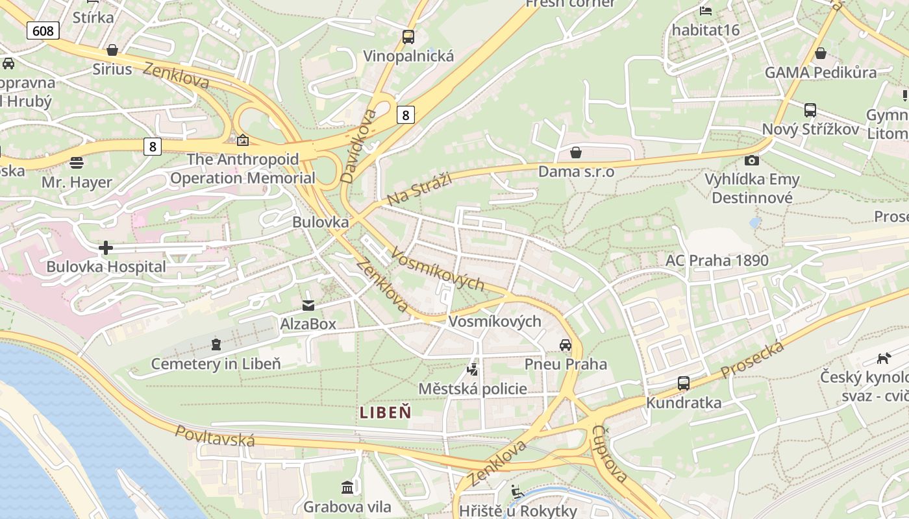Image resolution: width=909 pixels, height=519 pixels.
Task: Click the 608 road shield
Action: [44, 30]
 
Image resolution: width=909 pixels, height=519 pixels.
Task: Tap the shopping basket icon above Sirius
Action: [112, 50]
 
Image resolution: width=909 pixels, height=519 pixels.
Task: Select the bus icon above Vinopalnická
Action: [408, 37]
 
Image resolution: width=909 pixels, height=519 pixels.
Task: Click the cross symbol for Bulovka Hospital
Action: [106, 248]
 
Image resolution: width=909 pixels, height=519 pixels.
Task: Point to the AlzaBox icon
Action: [308, 305]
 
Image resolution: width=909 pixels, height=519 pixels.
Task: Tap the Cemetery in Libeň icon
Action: [216, 344]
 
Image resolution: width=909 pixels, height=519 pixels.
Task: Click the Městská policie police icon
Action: [473, 370]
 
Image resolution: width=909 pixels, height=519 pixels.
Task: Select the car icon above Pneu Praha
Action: [566, 345]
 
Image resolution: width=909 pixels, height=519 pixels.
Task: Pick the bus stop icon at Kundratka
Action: [684, 383]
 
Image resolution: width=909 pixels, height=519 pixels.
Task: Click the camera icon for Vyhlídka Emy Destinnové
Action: [752, 160]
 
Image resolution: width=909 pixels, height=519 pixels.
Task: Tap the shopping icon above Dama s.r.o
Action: [575, 152]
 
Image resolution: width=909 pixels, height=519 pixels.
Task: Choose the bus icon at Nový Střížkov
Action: [810, 110]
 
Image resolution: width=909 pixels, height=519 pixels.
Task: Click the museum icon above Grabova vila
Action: [347, 487]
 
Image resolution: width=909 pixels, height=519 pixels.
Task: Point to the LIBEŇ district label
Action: [386, 412]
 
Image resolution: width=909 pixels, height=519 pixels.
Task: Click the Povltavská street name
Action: [215, 435]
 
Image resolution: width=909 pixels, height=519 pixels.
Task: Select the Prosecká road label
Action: [753, 361]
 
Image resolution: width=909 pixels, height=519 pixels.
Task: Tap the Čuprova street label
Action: [610, 454]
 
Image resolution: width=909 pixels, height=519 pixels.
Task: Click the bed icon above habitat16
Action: [706, 11]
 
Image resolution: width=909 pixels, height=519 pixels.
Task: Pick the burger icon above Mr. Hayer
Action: [77, 162]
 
